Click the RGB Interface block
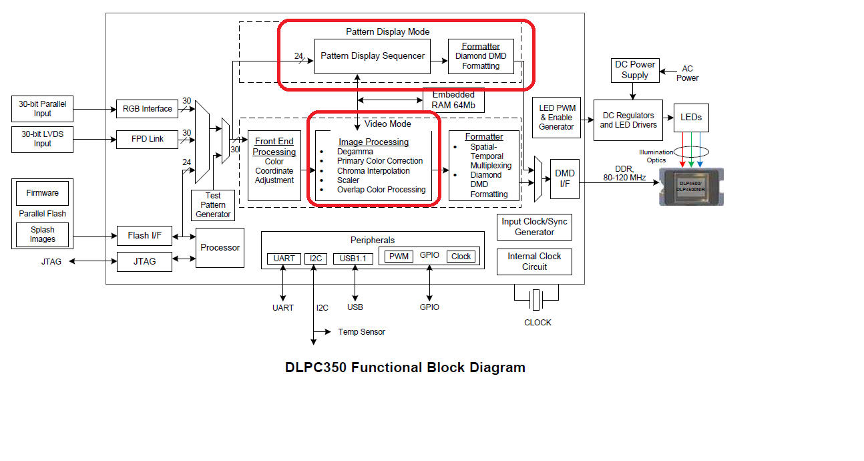pos(148,109)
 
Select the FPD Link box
pos(148,140)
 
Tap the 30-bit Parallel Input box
pos(43,109)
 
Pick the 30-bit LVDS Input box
pos(43,139)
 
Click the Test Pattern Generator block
pos(213,205)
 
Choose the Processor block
pos(220,248)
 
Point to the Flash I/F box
pos(144,235)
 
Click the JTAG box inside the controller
pos(144,262)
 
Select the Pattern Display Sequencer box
pos(373,56)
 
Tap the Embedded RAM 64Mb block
pos(453,100)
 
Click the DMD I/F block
pos(565,179)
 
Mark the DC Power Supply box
pos(635,70)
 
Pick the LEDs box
pos(691,118)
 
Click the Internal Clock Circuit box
pos(534,261)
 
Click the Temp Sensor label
pos(361,332)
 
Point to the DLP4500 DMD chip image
pos(691,186)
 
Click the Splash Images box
pos(43,235)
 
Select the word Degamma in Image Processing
pos(355,152)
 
